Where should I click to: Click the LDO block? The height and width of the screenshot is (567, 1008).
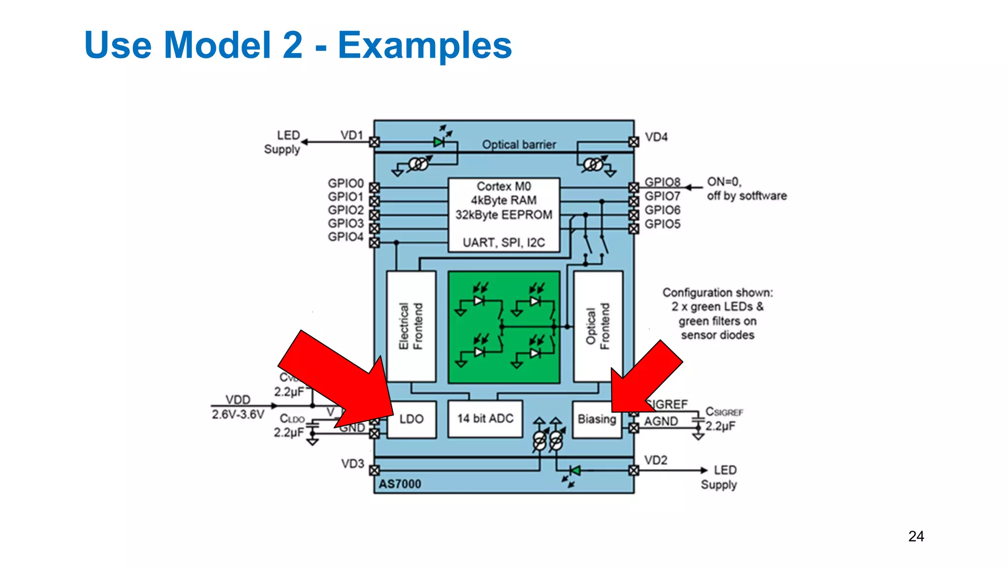(411, 419)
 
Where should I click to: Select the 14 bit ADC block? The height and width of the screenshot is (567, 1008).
(485, 419)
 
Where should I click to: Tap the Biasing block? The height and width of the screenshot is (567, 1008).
(597, 419)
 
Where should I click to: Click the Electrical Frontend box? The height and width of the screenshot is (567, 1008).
(411, 326)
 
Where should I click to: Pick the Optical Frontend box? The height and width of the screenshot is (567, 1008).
(598, 326)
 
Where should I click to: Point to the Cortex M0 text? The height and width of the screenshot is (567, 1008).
(504, 187)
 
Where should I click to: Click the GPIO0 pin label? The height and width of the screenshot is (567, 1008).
(346, 184)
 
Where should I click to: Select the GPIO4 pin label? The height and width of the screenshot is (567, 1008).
(346, 237)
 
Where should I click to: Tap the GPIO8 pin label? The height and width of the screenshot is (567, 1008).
(662, 182)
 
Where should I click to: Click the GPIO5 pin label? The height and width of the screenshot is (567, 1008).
(662, 224)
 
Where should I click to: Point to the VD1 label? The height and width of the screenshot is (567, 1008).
(351, 135)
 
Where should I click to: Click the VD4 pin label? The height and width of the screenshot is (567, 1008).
(656, 137)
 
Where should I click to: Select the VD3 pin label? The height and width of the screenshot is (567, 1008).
(352, 464)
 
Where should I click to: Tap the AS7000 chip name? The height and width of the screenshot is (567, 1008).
(400, 484)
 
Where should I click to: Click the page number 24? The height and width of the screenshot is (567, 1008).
(916, 536)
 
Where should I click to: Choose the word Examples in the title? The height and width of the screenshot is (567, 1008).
(425, 45)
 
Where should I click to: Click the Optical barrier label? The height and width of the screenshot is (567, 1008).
(519, 145)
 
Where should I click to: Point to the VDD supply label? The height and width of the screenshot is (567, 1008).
(238, 400)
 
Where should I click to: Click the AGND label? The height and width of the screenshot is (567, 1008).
(661, 422)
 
